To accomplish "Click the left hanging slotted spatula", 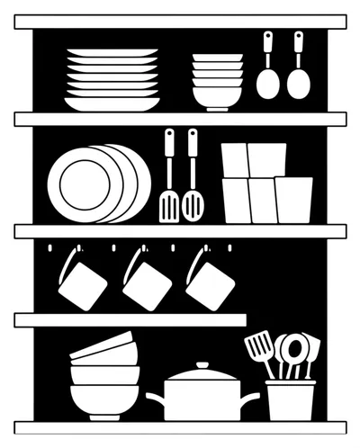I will tap(168, 205).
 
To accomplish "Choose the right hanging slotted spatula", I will tap(193, 205).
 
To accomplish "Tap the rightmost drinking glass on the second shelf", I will tap(294, 199).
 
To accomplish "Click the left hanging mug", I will tap(82, 284).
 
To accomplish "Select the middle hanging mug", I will tap(147, 284).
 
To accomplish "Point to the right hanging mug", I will tap(210, 282).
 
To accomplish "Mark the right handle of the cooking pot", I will tap(251, 397).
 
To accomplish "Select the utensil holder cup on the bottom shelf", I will tap(291, 400).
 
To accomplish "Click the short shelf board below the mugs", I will tap(130, 319).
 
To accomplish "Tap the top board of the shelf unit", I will tap(180, 22).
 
